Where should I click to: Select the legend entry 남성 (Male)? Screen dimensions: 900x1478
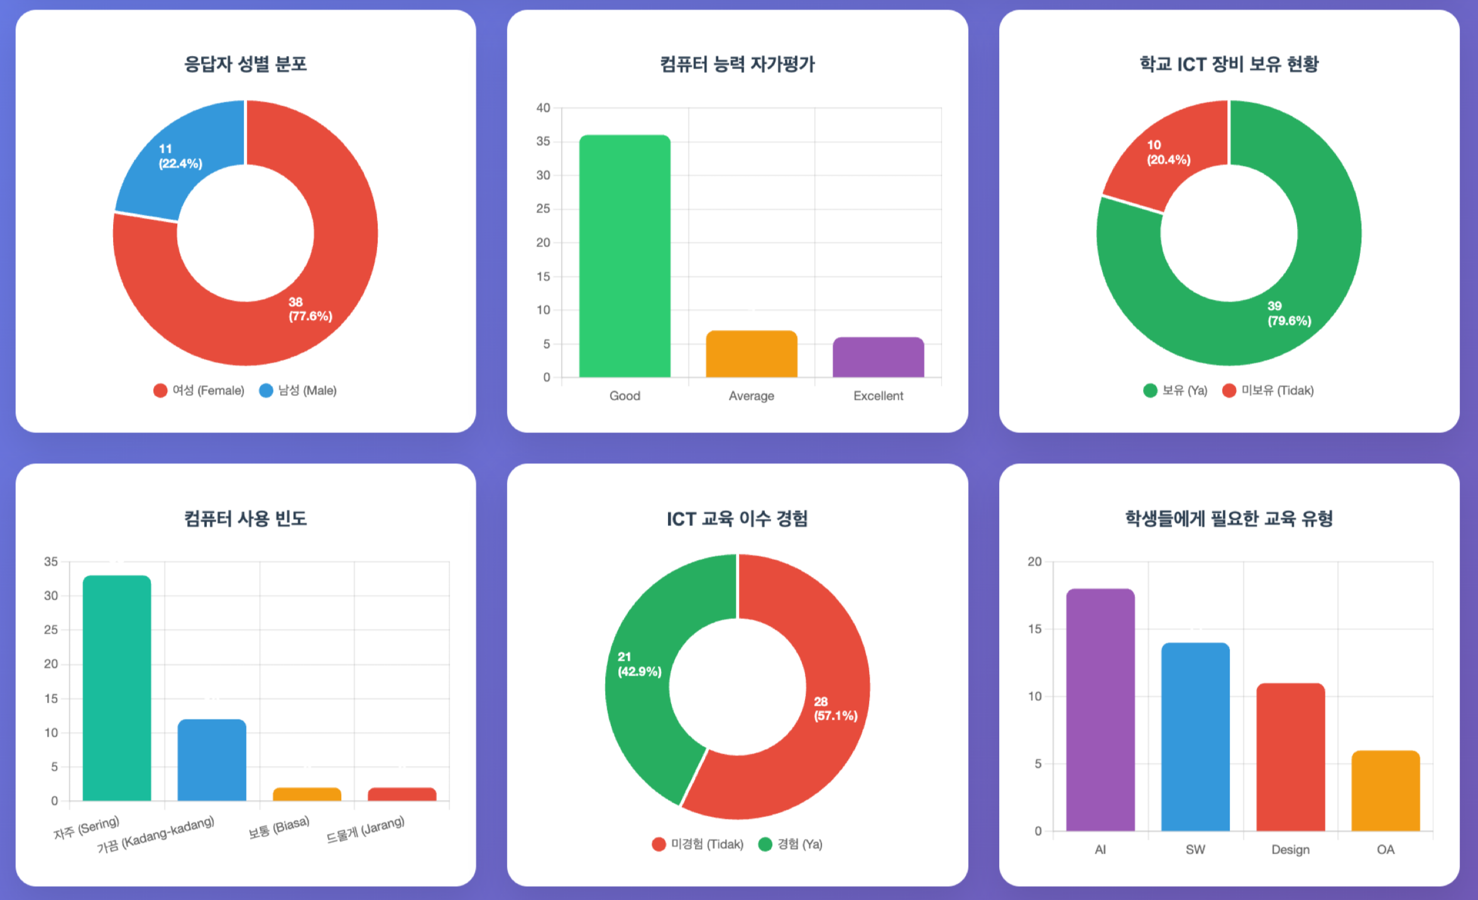[x=298, y=390]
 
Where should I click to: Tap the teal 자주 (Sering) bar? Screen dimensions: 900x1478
[x=117, y=688]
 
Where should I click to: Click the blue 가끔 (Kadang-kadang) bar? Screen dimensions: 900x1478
[x=212, y=760]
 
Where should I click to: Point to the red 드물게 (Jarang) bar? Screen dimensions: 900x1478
[x=402, y=794]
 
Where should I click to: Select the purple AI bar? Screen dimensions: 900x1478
[x=1100, y=710]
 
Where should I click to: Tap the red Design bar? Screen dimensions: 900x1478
[x=1291, y=757]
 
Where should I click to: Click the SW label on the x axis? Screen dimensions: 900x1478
[x=1195, y=850]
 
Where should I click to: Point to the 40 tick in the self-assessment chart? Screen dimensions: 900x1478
[x=543, y=108]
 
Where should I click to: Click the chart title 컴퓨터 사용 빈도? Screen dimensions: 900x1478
[x=245, y=519]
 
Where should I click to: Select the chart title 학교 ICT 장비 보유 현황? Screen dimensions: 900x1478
[x=1229, y=64]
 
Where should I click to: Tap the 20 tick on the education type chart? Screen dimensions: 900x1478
[x=1034, y=561]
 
